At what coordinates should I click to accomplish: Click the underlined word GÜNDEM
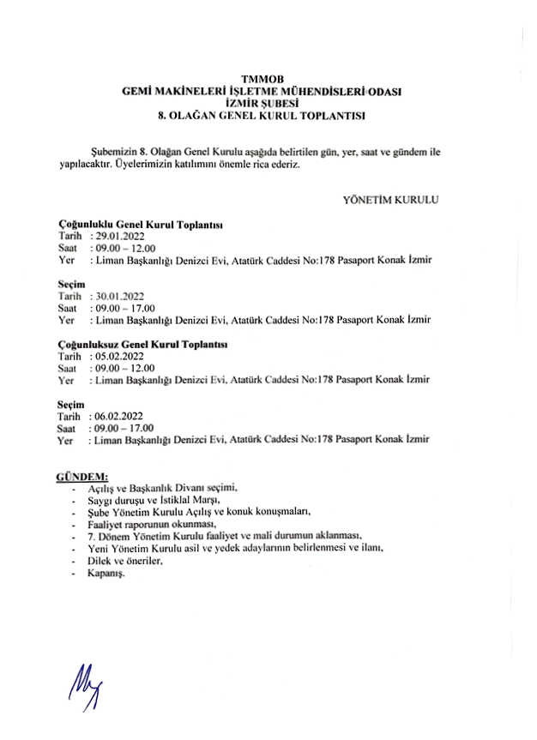pyautogui.click(x=81, y=475)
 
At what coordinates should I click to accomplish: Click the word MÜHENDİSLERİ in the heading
pyautogui.click(x=323, y=90)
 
